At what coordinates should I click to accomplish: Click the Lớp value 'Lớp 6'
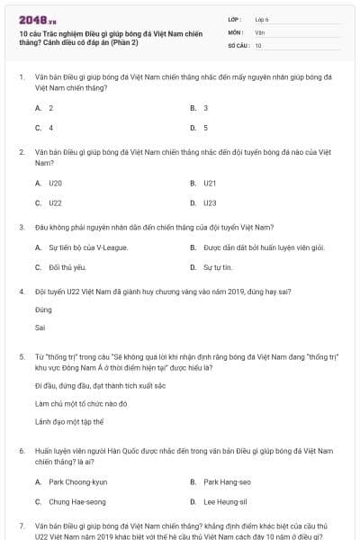262,19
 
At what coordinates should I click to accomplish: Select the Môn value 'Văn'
260,31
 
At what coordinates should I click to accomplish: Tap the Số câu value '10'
258,44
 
